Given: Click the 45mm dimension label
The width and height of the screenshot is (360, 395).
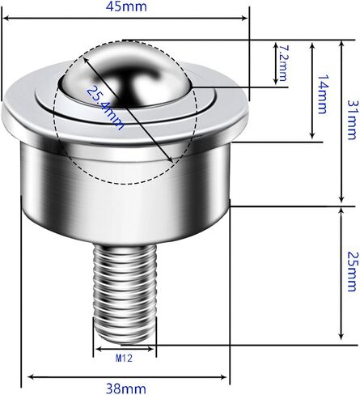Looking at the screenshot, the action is click(x=126, y=6).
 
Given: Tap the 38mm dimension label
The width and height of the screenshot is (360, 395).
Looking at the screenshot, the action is click(x=126, y=389).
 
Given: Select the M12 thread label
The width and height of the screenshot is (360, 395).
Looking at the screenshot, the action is click(x=124, y=359).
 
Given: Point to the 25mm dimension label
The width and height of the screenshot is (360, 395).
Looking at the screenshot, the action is click(x=353, y=271).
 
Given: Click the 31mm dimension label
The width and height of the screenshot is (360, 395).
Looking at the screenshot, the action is click(x=353, y=120).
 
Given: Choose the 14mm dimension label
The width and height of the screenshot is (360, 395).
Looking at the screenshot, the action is click(x=323, y=94).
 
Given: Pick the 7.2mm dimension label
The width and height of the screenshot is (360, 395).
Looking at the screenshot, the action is click(x=283, y=63).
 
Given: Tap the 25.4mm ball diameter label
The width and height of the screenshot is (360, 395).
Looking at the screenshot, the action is click(x=105, y=108).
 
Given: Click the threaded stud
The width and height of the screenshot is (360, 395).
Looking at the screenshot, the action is click(x=125, y=293).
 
